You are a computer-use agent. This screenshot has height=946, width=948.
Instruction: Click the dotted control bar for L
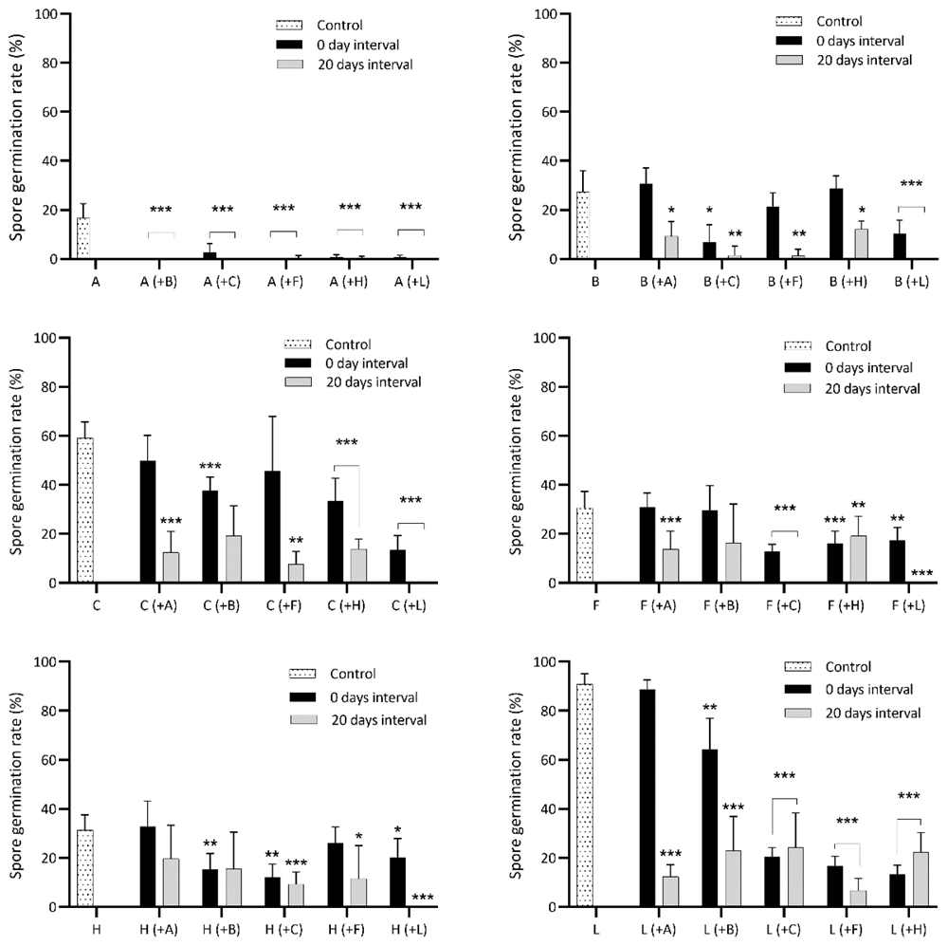click(x=585, y=795)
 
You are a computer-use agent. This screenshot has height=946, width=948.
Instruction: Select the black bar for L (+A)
click(x=647, y=798)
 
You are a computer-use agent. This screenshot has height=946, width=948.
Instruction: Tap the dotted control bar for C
click(x=85, y=510)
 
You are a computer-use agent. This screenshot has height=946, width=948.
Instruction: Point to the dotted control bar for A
click(x=83, y=238)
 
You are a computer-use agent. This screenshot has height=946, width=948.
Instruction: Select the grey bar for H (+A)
click(x=171, y=882)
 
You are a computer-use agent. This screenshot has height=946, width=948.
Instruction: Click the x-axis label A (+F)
click(x=285, y=282)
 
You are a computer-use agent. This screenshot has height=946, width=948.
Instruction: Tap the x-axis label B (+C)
click(x=721, y=282)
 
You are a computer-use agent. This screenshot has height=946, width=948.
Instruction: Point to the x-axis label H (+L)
click(x=409, y=929)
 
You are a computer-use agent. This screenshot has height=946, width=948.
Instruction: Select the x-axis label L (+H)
click(x=909, y=929)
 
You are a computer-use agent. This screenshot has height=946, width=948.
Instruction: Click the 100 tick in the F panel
click(x=544, y=338)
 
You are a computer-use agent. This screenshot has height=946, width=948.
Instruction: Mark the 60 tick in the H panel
click(x=47, y=760)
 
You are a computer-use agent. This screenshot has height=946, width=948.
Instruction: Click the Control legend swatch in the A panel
click(x=289, y=26)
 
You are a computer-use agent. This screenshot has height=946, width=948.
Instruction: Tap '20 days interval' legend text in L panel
click(x=873, y=713)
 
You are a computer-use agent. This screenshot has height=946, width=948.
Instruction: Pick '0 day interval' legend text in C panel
click(x=366, y=363)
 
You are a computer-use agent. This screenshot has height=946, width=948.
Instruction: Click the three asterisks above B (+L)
click(x=911, y=183)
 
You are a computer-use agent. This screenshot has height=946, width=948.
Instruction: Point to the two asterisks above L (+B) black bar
click(x=710, y=707)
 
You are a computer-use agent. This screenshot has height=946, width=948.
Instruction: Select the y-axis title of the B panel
click(x=516, y=138)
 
